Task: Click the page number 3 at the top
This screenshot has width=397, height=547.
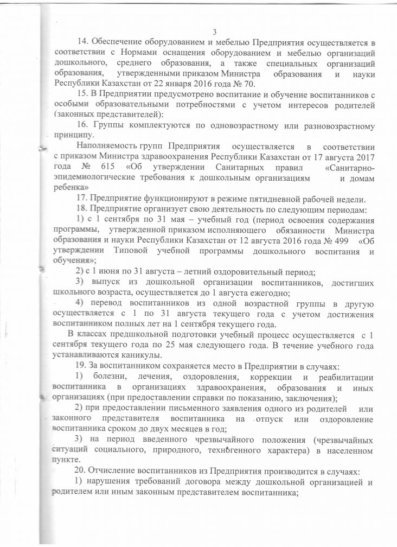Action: point(215,32)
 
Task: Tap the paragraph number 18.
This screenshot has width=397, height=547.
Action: point(83,209)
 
